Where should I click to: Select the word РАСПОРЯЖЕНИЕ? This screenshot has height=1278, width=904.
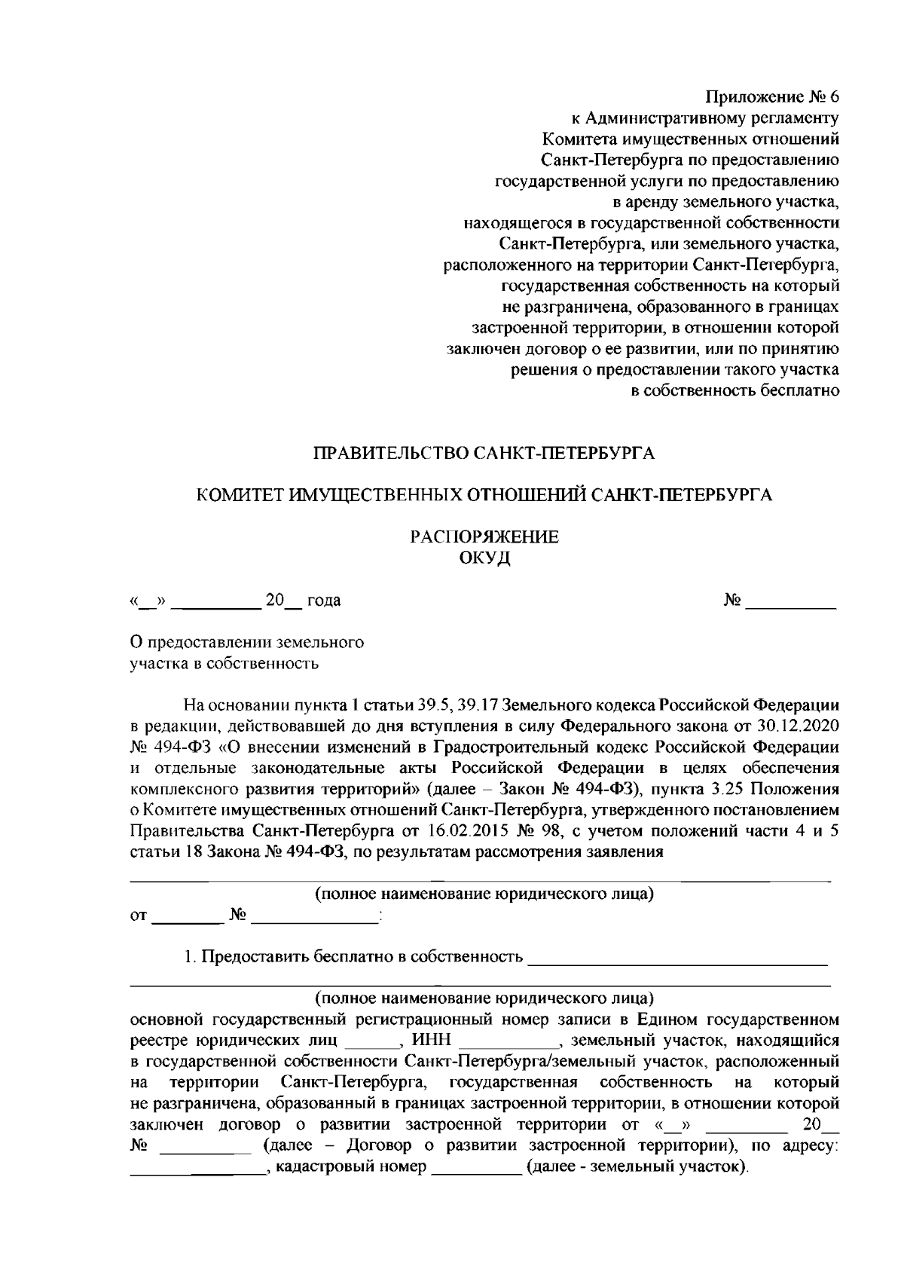(x=484, y=537)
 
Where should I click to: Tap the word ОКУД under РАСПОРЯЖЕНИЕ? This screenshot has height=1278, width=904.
(x=484, y=558)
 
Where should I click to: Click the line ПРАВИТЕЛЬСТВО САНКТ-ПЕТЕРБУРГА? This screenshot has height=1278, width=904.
(x=484, y=454)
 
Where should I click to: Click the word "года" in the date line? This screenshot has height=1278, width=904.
(x=324, y=601)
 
